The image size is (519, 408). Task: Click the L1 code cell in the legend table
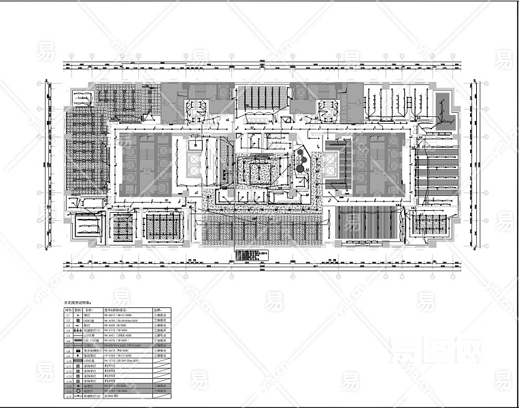click(68, 316)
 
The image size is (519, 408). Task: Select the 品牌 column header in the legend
click(159, 310)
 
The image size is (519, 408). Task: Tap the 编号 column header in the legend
click(68, 310)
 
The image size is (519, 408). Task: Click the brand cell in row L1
click(159, 316)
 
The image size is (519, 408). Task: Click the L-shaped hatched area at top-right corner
click(444, 109)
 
